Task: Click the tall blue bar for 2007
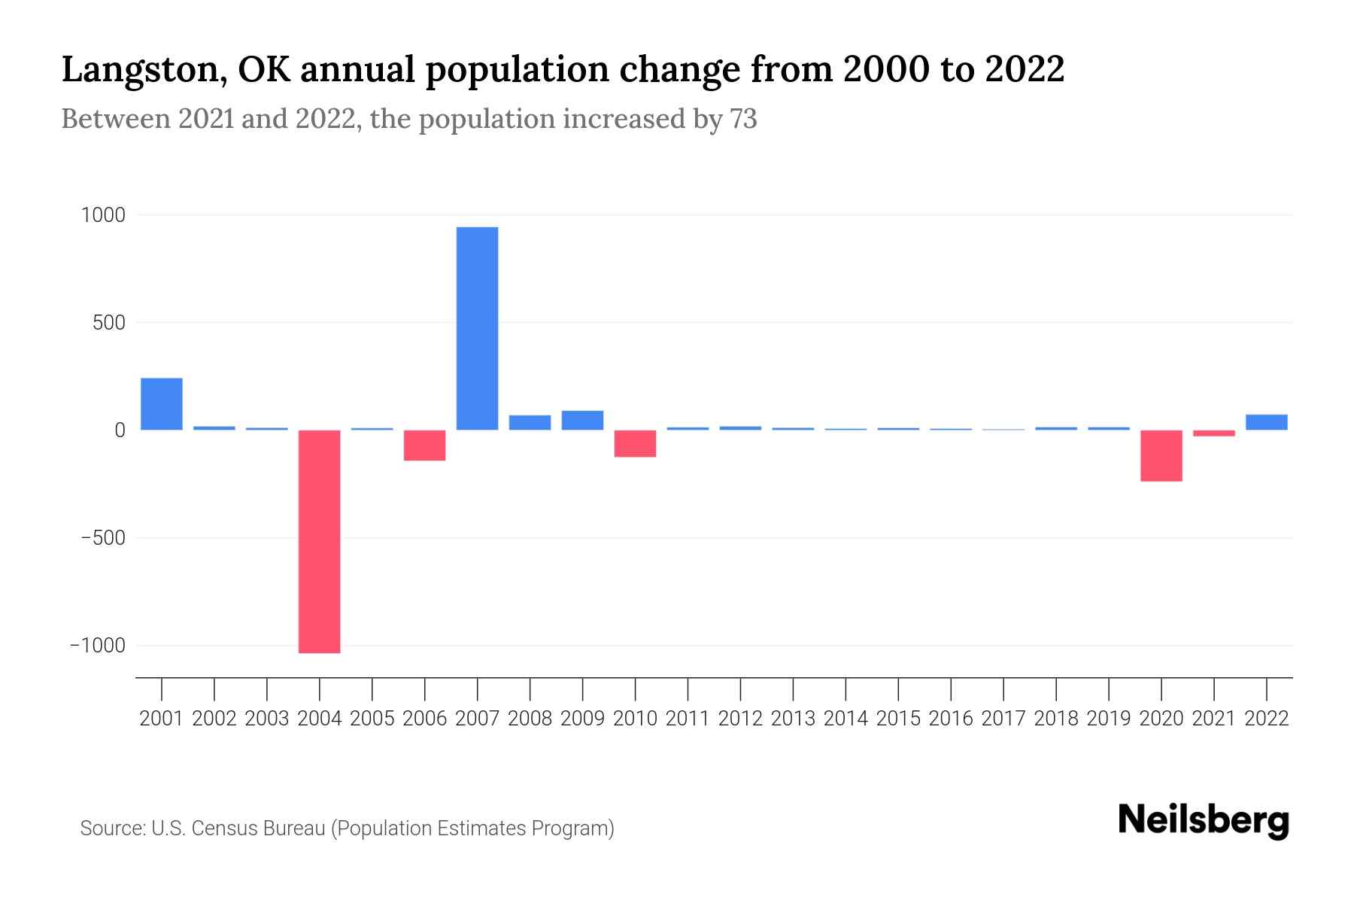(477, 328)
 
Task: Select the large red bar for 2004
(319, 541)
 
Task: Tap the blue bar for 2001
(161, 404)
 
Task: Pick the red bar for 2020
(1161, 455)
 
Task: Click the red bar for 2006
(424, 445)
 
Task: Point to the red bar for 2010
(635, 443)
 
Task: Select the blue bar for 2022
(1266, 422)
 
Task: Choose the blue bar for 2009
(582, 420)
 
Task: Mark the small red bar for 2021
(1213, 433)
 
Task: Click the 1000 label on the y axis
(103, 215)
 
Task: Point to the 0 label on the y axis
(119, 430)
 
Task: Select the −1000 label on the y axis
(98, 646)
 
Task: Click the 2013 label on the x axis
(793, 719)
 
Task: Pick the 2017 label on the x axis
(1003, 719)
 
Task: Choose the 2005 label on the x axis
(372, 719)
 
